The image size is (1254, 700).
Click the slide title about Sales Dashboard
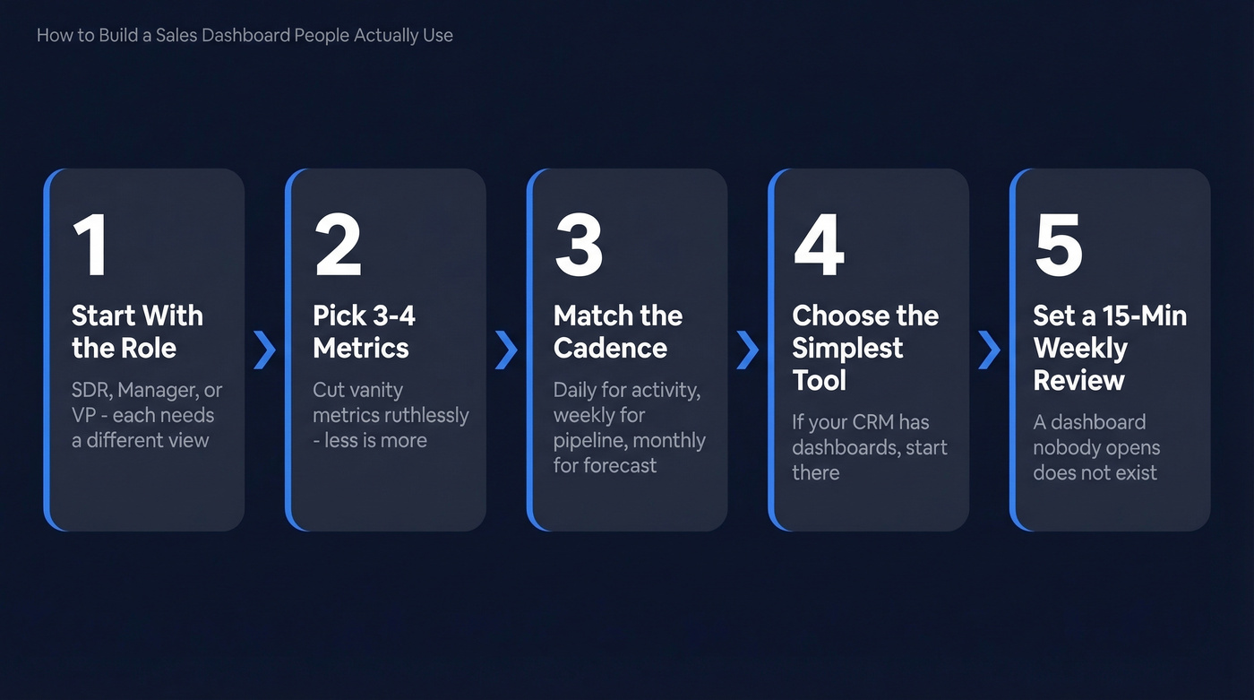tap(245, 36)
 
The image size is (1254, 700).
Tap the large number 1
tap(90, 246)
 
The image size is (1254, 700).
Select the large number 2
tap(338, 246)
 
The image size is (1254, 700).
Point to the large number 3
tap(579, 246)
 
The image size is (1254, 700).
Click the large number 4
tap(819, 246)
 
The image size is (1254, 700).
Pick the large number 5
tap(1059, 246)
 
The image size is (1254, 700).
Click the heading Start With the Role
tap(137, 332)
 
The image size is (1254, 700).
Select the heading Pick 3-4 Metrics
tap(363, 332)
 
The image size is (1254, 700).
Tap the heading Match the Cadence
tap(617, 332)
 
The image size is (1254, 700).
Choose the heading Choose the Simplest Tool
tap(864, 348)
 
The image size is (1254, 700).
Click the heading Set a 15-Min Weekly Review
tap(1109, 348)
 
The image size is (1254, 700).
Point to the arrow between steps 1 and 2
tap(264, 350)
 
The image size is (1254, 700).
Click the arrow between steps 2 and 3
tap(506, 350)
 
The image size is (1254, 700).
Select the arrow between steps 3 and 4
tap(747, 350)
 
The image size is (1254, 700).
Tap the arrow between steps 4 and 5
tap(989, 350)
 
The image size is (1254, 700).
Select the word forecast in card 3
tap(618, 466)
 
